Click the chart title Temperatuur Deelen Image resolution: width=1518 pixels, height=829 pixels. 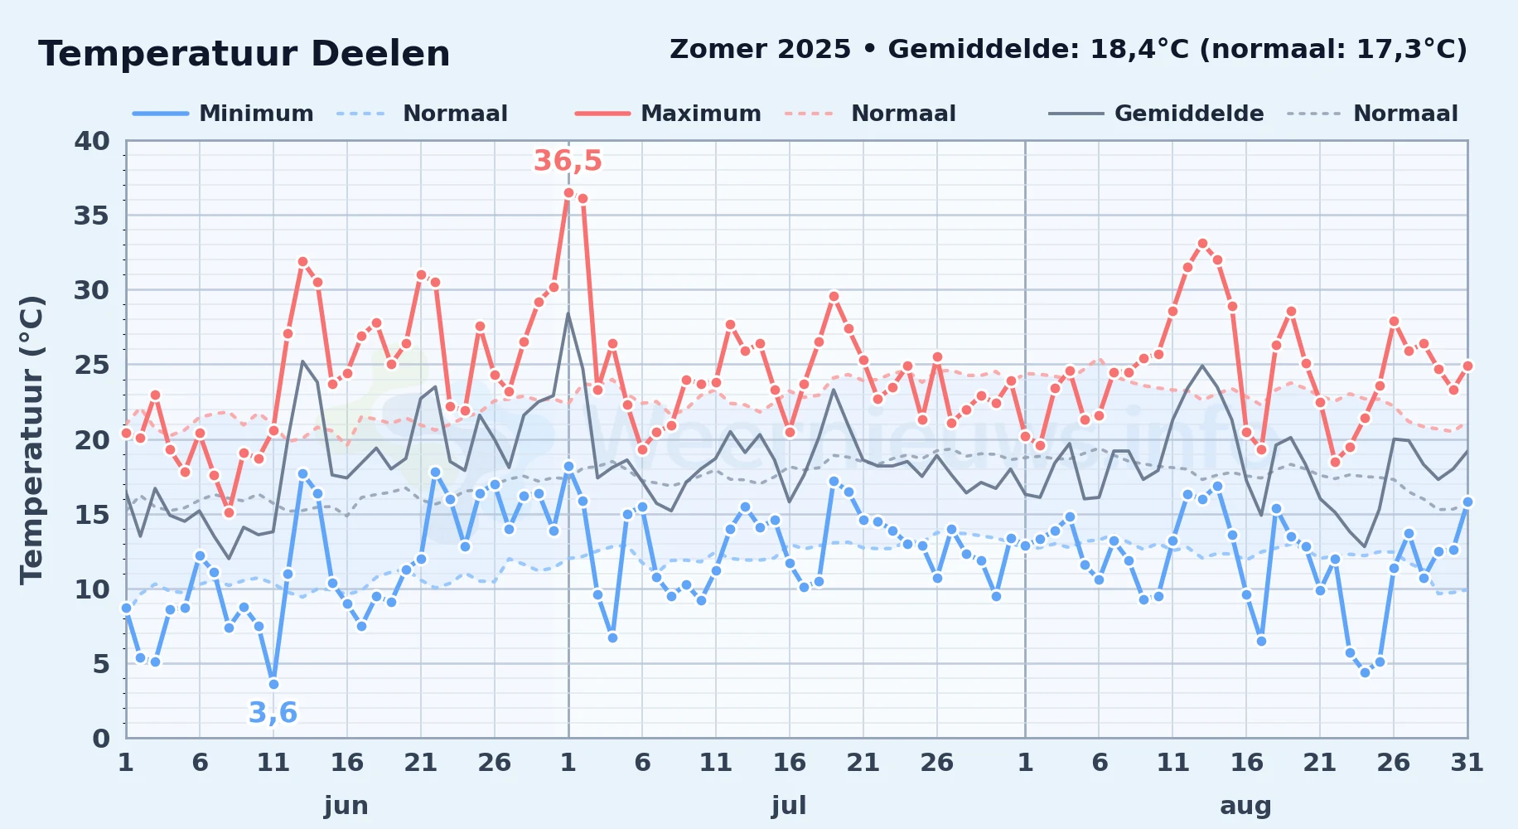point(244,54)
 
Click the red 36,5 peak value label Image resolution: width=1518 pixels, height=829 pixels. point(568,161)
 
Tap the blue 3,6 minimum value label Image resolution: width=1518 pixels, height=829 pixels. point(273,712)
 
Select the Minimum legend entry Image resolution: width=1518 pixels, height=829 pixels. point(223,114)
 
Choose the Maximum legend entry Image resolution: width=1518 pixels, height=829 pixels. point(668,114)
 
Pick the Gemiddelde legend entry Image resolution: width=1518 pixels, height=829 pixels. point(1157,114)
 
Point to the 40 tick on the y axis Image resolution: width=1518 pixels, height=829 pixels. point(92,141)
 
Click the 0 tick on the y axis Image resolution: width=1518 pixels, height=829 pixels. point(101,738)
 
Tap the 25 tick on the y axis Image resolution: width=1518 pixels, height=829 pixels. point(92,365)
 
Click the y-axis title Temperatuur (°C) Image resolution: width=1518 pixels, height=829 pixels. point(31,439)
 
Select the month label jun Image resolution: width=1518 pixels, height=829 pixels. point(346,805)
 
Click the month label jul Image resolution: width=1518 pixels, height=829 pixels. point(789,805)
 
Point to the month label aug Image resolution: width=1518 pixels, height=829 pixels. point(1245,806)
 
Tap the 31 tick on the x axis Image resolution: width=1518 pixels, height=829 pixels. point(1467,762)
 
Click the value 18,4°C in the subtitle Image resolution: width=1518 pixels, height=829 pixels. point(1139,50)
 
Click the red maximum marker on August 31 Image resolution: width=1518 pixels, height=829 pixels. point(1467,366)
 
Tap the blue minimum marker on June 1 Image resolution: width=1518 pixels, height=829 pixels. point(126,608)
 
